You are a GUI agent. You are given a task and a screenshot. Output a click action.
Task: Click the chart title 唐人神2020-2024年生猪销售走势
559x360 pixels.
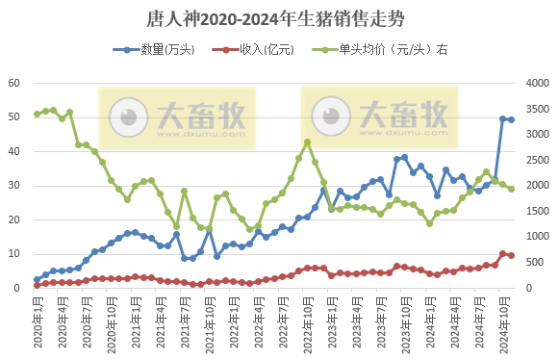coord(279,18)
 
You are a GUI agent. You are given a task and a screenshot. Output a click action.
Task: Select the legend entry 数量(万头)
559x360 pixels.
coord(167,49)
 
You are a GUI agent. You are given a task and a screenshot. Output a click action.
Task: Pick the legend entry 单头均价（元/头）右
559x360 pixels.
coord(385,49)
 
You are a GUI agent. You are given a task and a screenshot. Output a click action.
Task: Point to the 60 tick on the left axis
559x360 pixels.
coord(14,84)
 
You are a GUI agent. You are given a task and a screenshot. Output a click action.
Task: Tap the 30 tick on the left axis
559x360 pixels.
coord(14,186)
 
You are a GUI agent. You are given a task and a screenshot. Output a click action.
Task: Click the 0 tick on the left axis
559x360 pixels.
coord(17,288)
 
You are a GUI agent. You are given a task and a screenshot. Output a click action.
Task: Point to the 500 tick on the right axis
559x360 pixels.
coord(539,262)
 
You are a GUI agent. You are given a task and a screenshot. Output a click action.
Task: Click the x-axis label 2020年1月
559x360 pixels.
coord(37,322)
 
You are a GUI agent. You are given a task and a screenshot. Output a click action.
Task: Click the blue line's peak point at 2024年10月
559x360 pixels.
coord(502,118)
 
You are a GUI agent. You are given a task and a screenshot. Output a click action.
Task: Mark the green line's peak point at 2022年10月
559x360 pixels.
coord(307,142)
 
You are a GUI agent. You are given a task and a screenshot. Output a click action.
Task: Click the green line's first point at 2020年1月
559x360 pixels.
coord(37,114)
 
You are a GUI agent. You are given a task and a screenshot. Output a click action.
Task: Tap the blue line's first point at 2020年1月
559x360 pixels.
coord(37,280)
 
